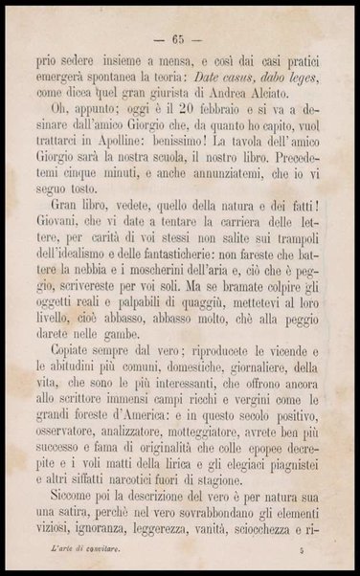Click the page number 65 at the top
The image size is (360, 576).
point(178,39)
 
